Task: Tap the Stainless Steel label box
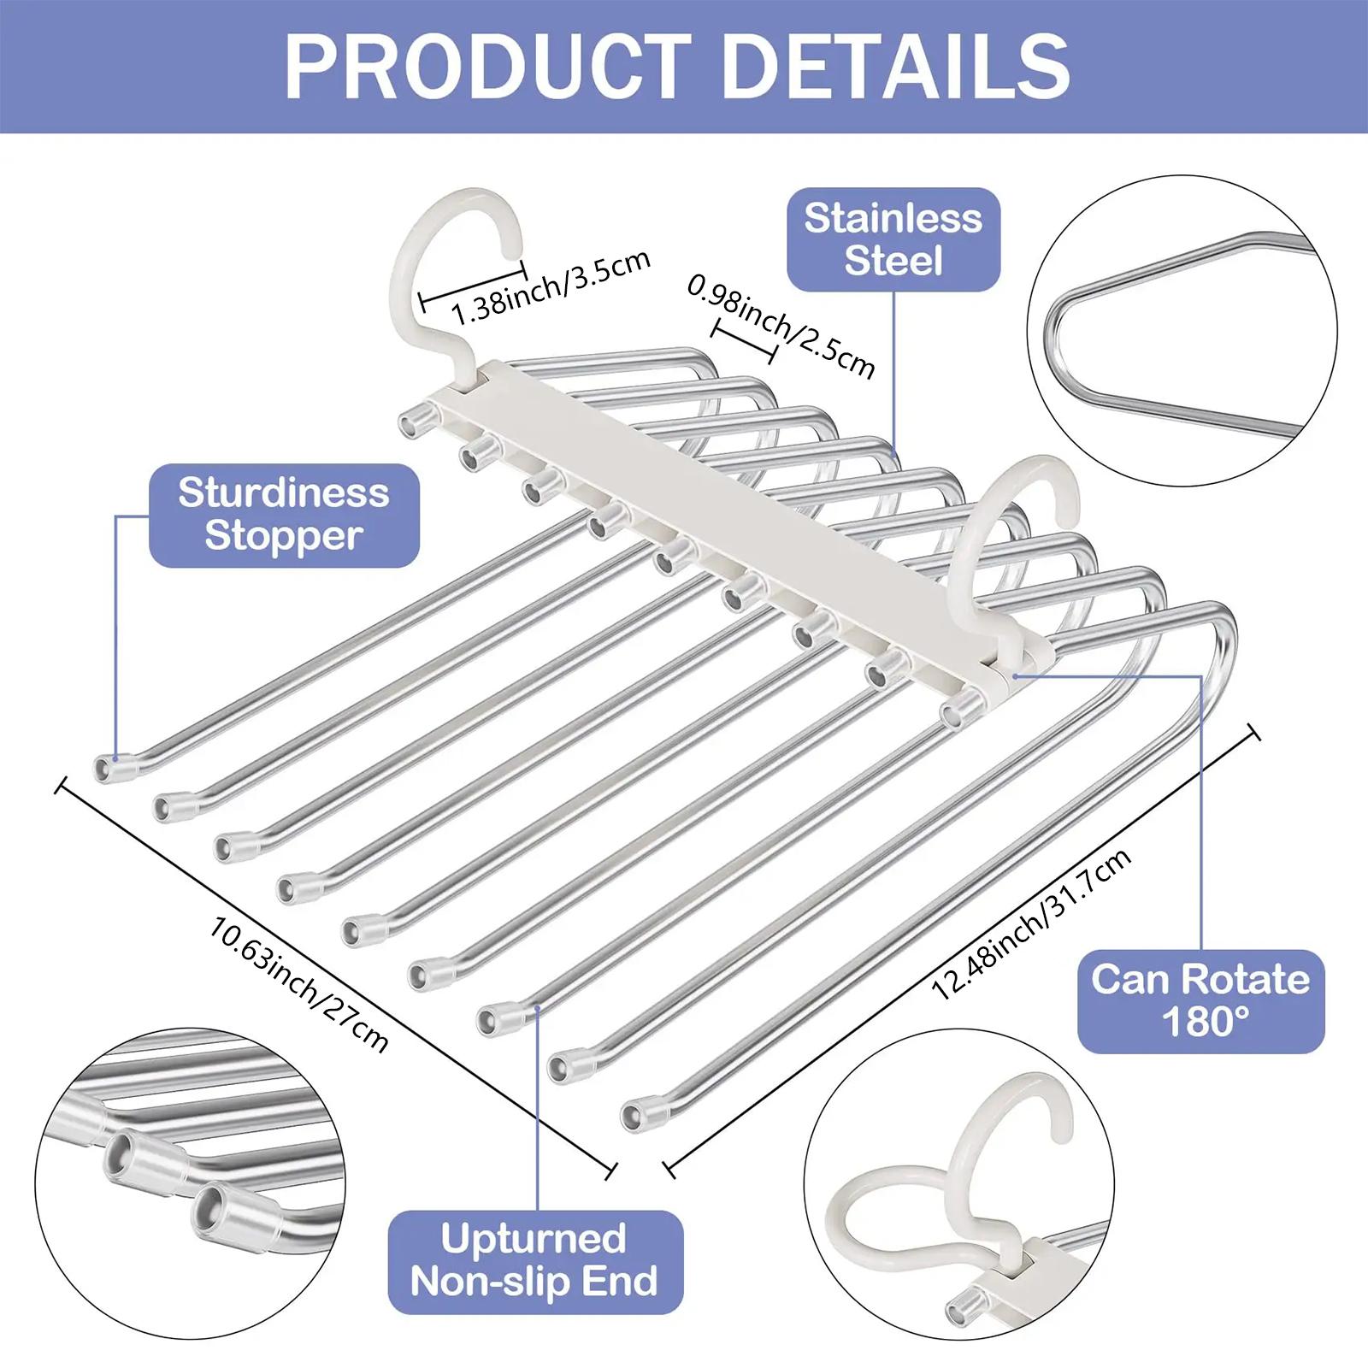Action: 893,240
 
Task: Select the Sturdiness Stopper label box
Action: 284,515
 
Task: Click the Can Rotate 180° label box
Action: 1200,1000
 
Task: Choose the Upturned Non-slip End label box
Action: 535,1261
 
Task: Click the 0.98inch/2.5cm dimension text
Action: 782,326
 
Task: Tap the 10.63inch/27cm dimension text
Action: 298,983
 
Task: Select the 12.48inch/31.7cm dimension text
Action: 1031,924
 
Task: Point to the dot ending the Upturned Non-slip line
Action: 537,1009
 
